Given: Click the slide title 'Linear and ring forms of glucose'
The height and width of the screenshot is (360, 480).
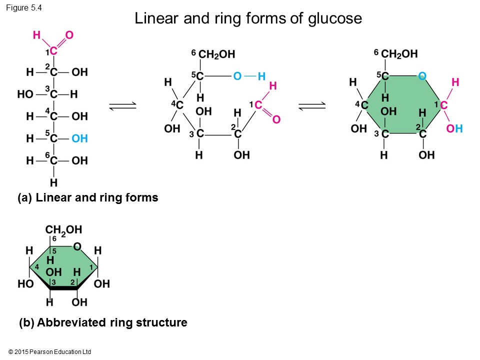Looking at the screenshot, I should tap(248, 19).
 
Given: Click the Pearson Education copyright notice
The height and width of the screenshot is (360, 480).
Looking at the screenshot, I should tap(50, 352).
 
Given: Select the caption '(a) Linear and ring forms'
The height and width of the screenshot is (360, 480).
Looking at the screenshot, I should tap(87, 198).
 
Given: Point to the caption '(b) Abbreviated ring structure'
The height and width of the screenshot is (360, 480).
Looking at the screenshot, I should tap(103, 323).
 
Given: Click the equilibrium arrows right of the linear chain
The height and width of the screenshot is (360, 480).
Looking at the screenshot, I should tap(122, 104).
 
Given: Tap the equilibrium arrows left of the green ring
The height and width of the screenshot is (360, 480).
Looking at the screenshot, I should tap(311, 104).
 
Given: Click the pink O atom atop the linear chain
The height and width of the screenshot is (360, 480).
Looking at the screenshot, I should tap(69, 35).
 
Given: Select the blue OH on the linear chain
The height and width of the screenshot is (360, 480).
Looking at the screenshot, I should tap(79, 138).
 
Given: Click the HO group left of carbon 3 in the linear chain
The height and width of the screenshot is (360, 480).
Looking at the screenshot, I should tap(25, 94).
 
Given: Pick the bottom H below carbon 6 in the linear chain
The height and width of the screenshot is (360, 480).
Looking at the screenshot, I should tap(53, 182).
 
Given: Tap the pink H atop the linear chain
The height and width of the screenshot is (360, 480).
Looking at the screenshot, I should tap(36, 35).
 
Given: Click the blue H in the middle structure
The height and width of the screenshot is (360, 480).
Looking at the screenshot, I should tap(261, 76).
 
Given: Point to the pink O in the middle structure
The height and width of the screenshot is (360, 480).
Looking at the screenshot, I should tap(276, 119).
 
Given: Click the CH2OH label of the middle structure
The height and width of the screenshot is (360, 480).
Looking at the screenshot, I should tap(216, 54).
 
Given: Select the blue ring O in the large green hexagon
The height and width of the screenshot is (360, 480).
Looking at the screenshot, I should tap(422, 76).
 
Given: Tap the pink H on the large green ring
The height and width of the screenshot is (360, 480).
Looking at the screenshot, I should tap(455, 81).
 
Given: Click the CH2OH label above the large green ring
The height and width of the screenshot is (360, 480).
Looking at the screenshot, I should tap(399, 54).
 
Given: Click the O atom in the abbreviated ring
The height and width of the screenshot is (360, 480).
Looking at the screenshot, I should tap(77, 246).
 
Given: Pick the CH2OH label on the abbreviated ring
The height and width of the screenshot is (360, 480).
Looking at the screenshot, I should tap(63, 229).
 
